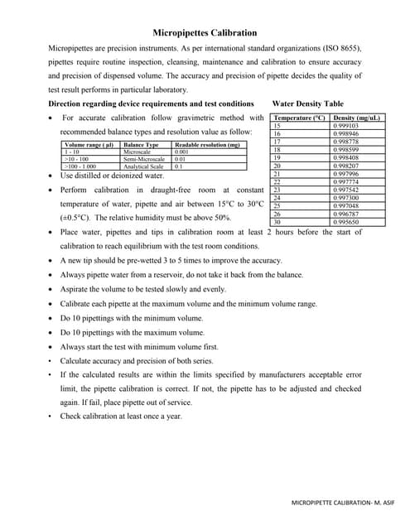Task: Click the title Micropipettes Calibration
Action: [205, 33]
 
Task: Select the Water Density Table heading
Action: [307, 104]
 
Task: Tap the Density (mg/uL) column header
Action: [357, 118]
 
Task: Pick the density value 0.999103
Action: [345, 126]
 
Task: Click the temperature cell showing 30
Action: [277, 222]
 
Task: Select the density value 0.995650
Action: [345, 222]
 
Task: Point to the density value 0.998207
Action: [345, 166]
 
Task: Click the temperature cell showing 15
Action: [277, 126]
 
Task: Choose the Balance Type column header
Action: [140, 145]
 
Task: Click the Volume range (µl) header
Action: [88, 145]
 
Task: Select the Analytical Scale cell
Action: [143, 166]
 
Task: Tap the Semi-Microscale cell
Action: [143, 159]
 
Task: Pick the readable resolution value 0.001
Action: [183, 152]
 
